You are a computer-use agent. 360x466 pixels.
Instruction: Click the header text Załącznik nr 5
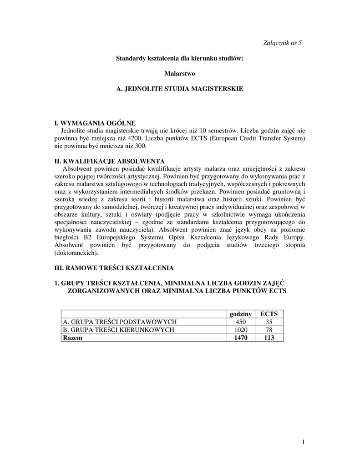click(283, 43)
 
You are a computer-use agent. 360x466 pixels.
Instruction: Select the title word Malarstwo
click(180, 73)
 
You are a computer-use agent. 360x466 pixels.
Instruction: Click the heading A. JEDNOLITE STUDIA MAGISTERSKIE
click(180, 89)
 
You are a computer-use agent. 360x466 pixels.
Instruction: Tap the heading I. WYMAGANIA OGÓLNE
click(95, 123)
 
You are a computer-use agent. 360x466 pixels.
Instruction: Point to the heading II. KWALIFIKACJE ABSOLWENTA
click(109, 161)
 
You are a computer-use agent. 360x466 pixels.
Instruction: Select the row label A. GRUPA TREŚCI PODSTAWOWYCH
click(119, 322)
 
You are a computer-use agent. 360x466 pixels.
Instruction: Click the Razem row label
click(73, 338)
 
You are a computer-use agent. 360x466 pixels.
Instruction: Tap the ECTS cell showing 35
click(269, 322)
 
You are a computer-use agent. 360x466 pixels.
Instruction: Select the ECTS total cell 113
click(269, 338)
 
